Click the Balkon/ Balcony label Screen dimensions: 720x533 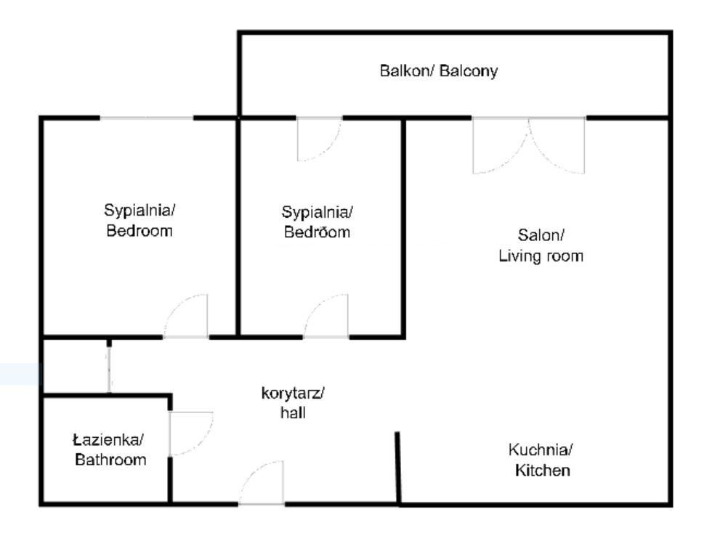point(439,71)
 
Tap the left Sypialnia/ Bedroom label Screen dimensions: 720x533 point(139,220)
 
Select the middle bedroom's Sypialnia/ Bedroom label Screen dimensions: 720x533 point(317,222)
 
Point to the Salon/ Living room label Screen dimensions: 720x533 point(541,245)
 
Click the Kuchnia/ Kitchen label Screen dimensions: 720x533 point(541,460)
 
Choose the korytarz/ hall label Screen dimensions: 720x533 point(293,402)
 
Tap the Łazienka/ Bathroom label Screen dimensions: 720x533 point(109,450)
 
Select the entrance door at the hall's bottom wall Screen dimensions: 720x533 point(262,483)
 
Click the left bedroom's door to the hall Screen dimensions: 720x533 point(185,317)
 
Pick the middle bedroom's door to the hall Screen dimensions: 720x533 point(326,317)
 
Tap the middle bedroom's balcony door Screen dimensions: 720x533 point(319,139)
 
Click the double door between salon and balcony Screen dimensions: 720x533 point(529,146)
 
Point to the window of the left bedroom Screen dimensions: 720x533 point(147,118)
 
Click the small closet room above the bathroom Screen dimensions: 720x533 point(75,367)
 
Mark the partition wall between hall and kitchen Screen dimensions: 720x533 point(398,468)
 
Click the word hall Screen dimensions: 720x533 point(293,412)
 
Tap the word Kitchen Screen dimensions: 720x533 point(542,470)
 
